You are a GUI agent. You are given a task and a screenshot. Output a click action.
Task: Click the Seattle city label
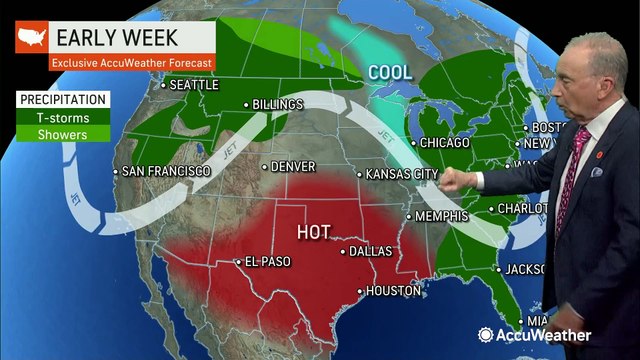[x=194, y=85]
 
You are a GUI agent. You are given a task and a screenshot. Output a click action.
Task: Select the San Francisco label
[x=166, y=171]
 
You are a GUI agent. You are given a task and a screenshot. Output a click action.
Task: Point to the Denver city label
[x=293, y=166]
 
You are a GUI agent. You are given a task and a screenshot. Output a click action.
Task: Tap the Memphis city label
[x=442, y=216]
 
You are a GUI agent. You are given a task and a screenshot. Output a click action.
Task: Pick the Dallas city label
[x=372, y=251]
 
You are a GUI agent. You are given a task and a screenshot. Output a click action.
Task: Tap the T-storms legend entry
[x=63, y=117]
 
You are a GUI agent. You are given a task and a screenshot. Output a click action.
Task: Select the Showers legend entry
[x=63, y=134]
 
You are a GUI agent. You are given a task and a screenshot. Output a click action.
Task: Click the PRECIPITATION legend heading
[x=62, y=100]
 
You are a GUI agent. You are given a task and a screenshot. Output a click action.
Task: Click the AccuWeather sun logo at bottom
[x=486, y=335]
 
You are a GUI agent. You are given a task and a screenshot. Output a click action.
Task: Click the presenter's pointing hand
[x=452, y=180]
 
